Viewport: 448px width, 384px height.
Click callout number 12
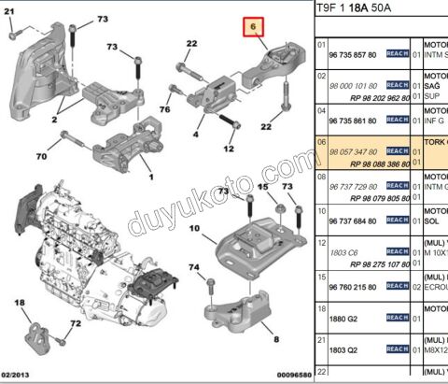pos(227,149)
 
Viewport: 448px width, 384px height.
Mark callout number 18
pos(20,304)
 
